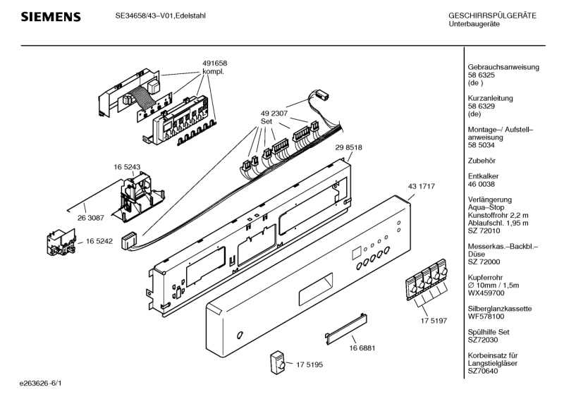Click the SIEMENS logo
point(49,16)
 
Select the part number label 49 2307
point(274,113)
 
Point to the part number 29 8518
point(348,147)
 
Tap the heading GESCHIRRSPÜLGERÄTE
point(492,16)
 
